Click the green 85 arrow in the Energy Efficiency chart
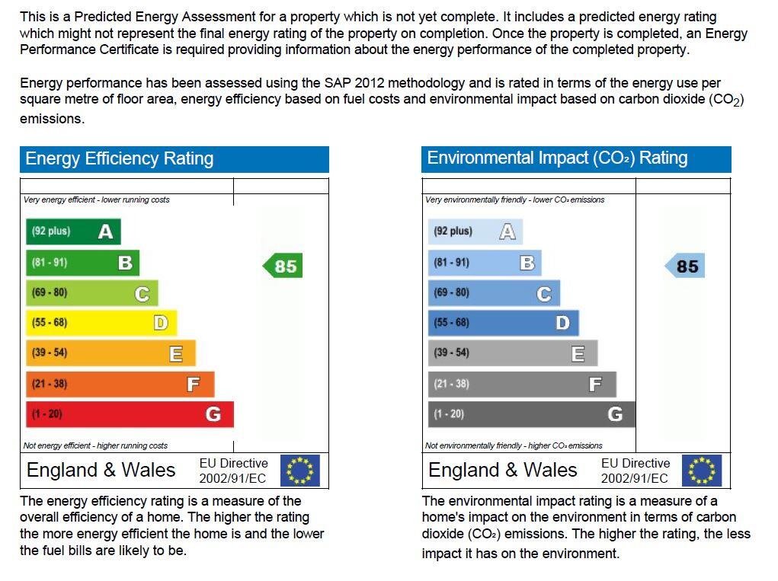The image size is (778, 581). (x=283, y=266)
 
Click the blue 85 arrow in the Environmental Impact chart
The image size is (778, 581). (x=685, y=266)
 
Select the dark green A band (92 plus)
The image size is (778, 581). (x=73, y=231)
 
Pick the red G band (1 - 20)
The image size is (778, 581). (x=130, y=414)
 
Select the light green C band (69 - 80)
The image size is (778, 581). (x=91, y=292)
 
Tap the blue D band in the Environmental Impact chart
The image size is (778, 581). (x=503, y=323)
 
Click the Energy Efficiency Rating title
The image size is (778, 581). (x=120, y=158)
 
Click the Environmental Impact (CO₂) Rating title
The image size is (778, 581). (x=557, y=158)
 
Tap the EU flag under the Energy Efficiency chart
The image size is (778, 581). (x=300, y=471)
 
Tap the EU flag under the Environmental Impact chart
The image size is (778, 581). (x=702, y=471)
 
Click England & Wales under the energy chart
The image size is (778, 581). (x=101, y=470)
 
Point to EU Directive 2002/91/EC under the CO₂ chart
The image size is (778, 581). (x=635, y=471)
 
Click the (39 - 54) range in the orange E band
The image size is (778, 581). (x=50, y=353)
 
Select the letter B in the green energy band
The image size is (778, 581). (x=125, y=263)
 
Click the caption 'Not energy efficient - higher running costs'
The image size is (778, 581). (x=95, y=445)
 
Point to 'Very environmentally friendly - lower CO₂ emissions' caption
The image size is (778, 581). (x=514, y=200)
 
